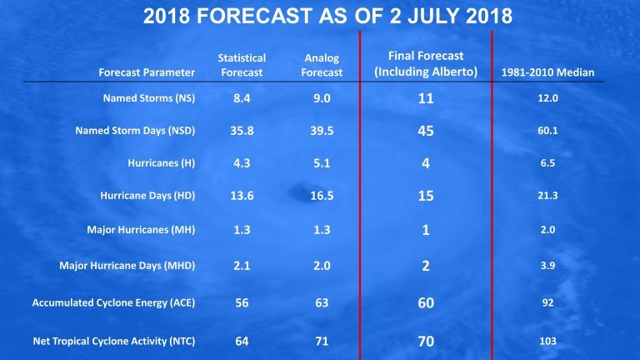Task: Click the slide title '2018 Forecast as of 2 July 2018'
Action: [320, 16]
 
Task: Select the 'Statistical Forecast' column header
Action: [242, 65]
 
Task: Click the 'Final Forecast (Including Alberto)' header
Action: [426, 62]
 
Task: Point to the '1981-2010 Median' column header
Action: [547, 72]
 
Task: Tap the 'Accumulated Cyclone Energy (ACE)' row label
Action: [113, 303]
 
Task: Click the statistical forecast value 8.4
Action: [242, 100]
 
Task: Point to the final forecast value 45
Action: [426, 131]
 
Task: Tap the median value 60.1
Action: [547, 131]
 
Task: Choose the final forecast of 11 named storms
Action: [426, 100]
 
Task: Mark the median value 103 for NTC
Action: [547, 342]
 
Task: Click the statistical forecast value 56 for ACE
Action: [242, 303]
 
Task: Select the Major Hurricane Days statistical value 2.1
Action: [242, 266]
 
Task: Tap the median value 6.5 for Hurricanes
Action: [547, 163]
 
